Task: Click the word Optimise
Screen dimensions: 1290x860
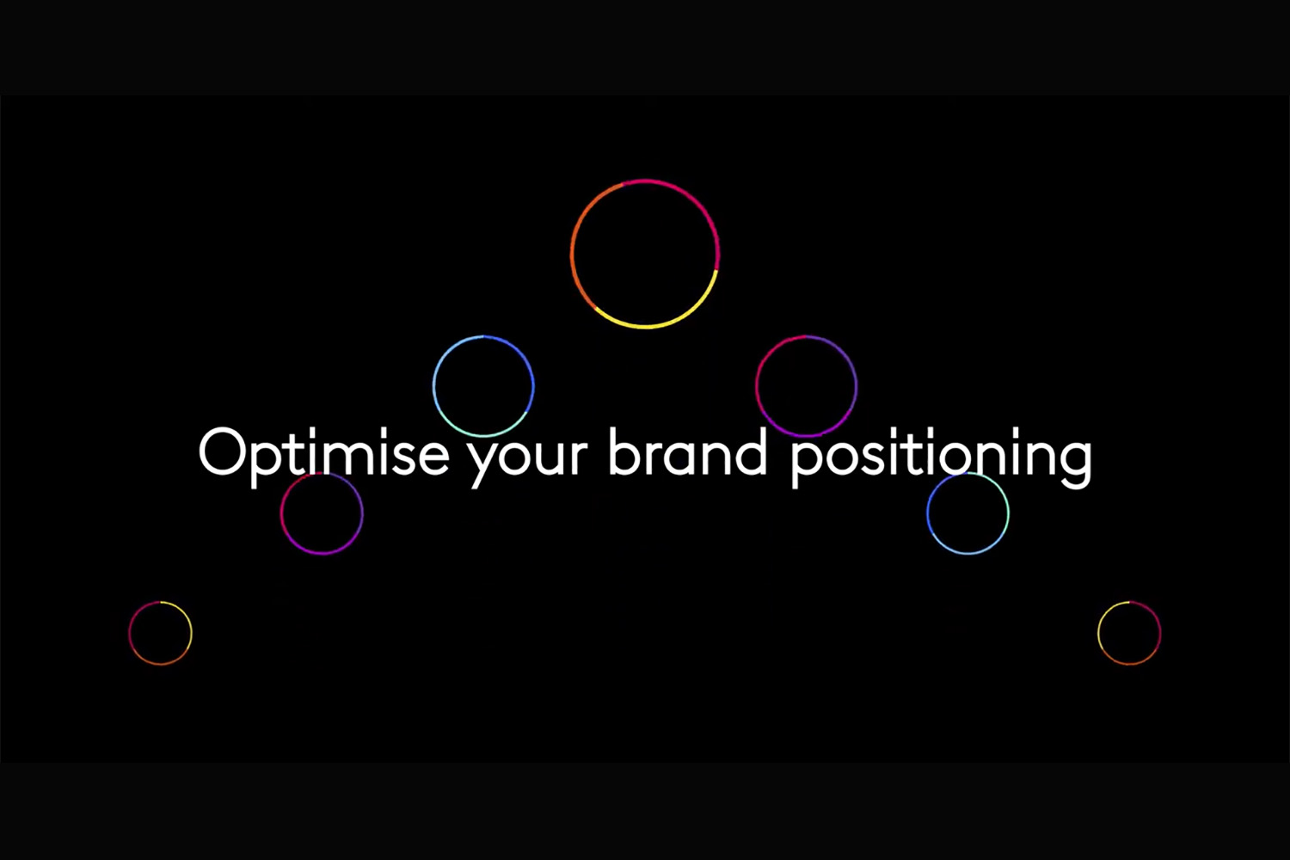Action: (323, 458)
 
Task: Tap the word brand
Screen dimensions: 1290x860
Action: (688, 451)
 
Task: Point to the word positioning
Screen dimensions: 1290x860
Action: (941, 458)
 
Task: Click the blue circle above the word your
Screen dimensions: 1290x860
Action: (433, 386)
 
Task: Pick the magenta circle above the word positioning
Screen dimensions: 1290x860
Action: (756, 386)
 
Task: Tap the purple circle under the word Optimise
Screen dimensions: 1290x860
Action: (281, 513)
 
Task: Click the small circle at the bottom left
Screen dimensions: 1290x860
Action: (129, 633)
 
